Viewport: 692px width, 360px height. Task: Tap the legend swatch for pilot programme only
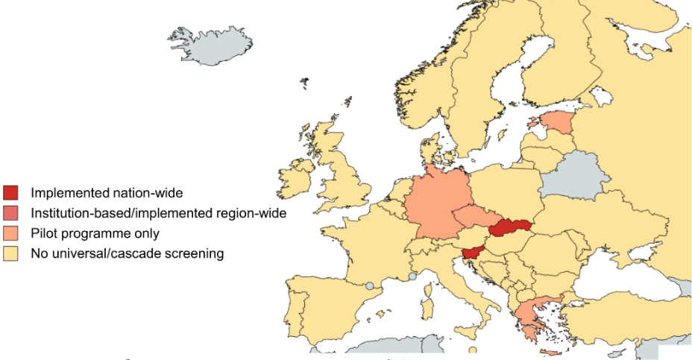click(11, 233)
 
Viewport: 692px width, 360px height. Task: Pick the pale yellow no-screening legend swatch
click(11, 253)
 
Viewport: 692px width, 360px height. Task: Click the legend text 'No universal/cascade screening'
click(127, 253)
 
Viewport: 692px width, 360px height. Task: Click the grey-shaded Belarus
click(574, 175)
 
